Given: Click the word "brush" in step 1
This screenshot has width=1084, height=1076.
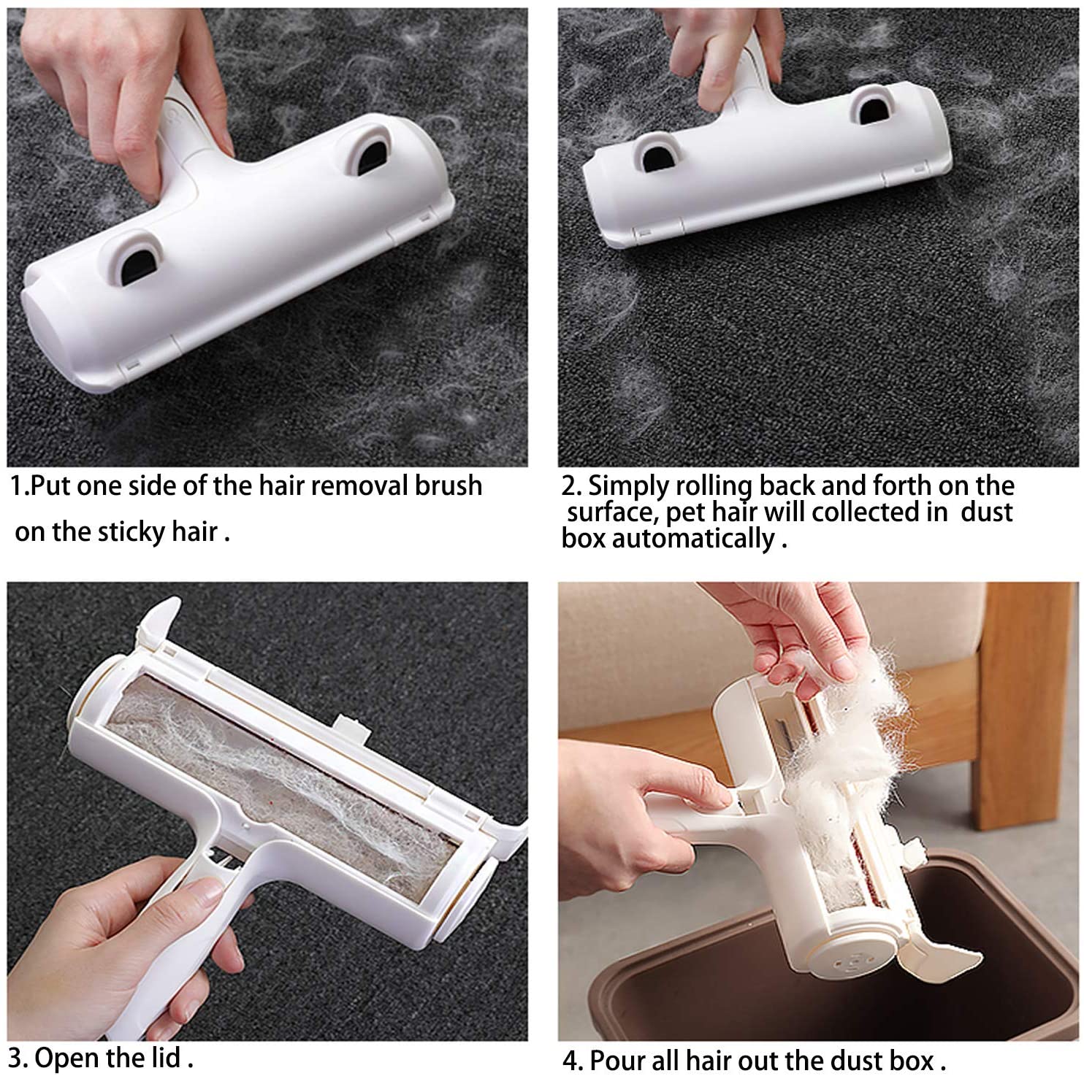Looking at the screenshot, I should click(449, 485).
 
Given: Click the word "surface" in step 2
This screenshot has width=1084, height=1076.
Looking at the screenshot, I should click(611, 512).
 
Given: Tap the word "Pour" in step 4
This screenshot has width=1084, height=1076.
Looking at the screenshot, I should click(619, 1059).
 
